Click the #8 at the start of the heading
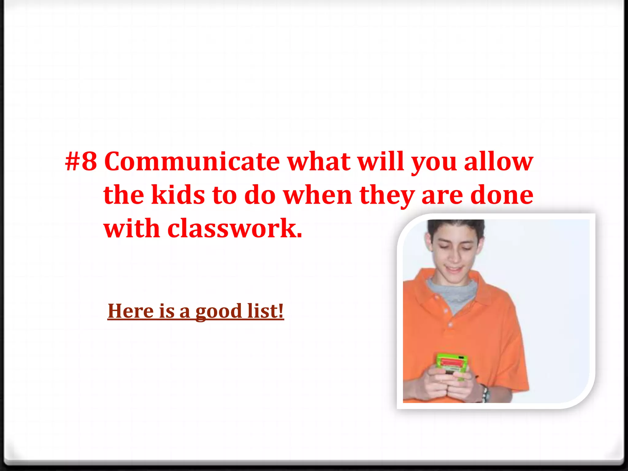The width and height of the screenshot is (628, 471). (81, 162)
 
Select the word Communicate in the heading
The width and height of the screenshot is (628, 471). (192, 162)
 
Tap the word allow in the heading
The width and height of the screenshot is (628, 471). (499, 162)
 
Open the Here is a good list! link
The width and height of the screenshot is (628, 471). (196, 311)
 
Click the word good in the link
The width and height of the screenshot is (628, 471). (219, 312)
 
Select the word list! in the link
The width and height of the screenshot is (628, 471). (266, 311)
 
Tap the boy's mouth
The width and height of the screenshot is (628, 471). (454, 270)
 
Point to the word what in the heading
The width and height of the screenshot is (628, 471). (319, 162)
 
